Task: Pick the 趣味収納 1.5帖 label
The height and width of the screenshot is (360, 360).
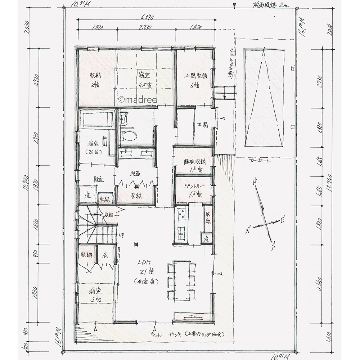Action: click(195, 165)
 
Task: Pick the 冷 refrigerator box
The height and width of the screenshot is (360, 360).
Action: click(206, 238)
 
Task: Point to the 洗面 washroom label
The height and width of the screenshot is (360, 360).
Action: click(136, 174)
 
